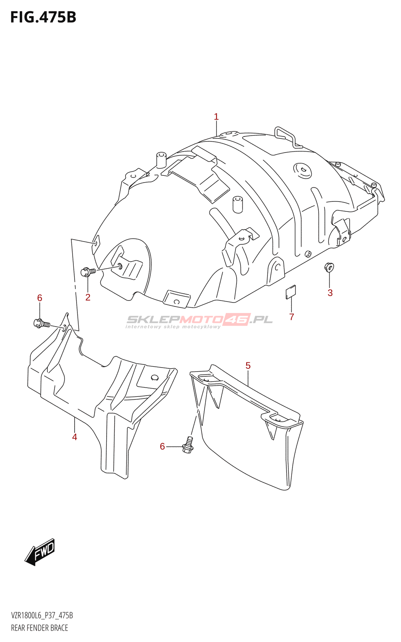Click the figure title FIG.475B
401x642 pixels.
43,17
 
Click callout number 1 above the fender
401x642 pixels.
216,117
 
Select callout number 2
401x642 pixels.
88,297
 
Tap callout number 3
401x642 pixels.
330,293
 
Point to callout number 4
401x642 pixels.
75,437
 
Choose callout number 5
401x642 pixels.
248,366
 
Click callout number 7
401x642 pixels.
292,317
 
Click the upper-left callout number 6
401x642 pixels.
40,298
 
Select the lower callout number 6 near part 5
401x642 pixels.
162,447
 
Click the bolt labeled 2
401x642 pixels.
88,272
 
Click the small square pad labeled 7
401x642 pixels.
291,292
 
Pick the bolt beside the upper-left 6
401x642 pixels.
42,323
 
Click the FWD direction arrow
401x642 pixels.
40,552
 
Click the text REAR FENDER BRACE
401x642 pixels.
39,628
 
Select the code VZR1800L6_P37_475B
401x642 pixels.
42,616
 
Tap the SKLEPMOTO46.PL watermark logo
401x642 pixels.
199,320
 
